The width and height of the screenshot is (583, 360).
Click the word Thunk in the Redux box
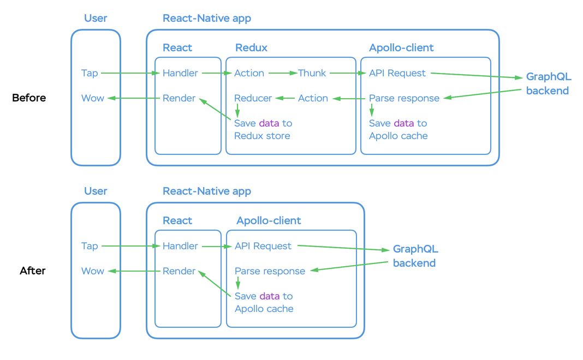pyautogui.click(x=312, y=73)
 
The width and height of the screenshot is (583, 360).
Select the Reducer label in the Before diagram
pyautogui.click(x=253, y=98)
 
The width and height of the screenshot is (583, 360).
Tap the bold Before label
pyautogui.click(x=29, y=98)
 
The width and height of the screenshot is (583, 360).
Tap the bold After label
pyautogui.click(x=33, y=271)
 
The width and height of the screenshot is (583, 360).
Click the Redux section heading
pyautogui.click(x=251, y=47)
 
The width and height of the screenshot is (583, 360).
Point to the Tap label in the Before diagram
pyautogui.click(x=90, y=73)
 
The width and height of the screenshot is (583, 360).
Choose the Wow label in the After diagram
pyautogui.click(x=93, y=271)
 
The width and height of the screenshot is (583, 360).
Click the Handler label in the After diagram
pyautogui.click(x=180, y=246)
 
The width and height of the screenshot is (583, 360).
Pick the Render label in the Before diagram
pyautogui.click(x=179, y=98)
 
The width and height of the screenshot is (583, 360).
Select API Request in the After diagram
pyautogui.click(x=263, y=246)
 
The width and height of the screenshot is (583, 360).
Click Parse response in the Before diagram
pyautogui.click(x=404, y=98)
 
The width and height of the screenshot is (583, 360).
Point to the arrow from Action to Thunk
pyautogui.click(x=283, y=73)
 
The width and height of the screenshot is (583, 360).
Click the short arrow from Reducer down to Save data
pyautogui.click(x=237, y=110)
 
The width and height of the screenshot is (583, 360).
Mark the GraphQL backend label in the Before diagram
pyautogui.click(x=549, y=83)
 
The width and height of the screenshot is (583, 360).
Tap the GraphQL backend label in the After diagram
pyautogui.click(x=415, y=256)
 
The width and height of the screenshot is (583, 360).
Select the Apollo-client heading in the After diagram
pyautogui.click(x=269, y=221)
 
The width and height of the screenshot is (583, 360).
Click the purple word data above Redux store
pyautogui.click(x=269, y=123)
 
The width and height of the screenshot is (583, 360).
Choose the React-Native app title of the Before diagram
pyautogui.click(x=207, y=18)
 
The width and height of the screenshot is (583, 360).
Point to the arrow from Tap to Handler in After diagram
pyautogui.click(x=131, y=246)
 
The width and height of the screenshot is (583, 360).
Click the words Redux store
pyautogui.click(x=262, y=136)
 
